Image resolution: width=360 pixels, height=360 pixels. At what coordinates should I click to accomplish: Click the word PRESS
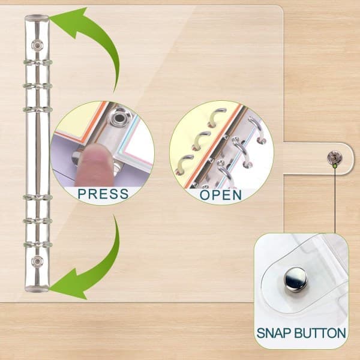click(103, 194)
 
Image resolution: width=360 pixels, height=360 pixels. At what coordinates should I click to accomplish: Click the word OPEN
click(221, 195)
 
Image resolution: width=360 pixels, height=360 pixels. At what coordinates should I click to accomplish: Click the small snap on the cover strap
click(335, 157)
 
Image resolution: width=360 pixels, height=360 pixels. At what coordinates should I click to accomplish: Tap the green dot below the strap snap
click(335, 166)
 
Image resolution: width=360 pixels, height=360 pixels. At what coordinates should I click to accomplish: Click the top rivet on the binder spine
click(37, 45)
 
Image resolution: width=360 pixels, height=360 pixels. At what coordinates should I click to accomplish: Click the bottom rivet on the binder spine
click(37, 262)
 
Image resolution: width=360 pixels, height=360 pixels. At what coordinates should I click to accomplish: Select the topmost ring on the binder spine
click(37, 62)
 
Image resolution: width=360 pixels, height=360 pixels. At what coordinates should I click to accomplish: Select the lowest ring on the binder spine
click(37, 244)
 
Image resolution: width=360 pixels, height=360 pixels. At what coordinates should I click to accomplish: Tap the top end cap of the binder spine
click(37, 17)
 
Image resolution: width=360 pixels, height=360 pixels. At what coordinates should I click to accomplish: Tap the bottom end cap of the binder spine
click(37, 289)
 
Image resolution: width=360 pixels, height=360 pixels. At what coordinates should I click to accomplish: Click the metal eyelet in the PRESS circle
click(119, 118)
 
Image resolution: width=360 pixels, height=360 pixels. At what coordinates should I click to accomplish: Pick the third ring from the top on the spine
click(37, 110)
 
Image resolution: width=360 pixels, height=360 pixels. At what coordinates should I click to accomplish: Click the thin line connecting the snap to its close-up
click(335, 200)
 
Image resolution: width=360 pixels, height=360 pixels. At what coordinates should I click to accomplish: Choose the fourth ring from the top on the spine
click(37, 197)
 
